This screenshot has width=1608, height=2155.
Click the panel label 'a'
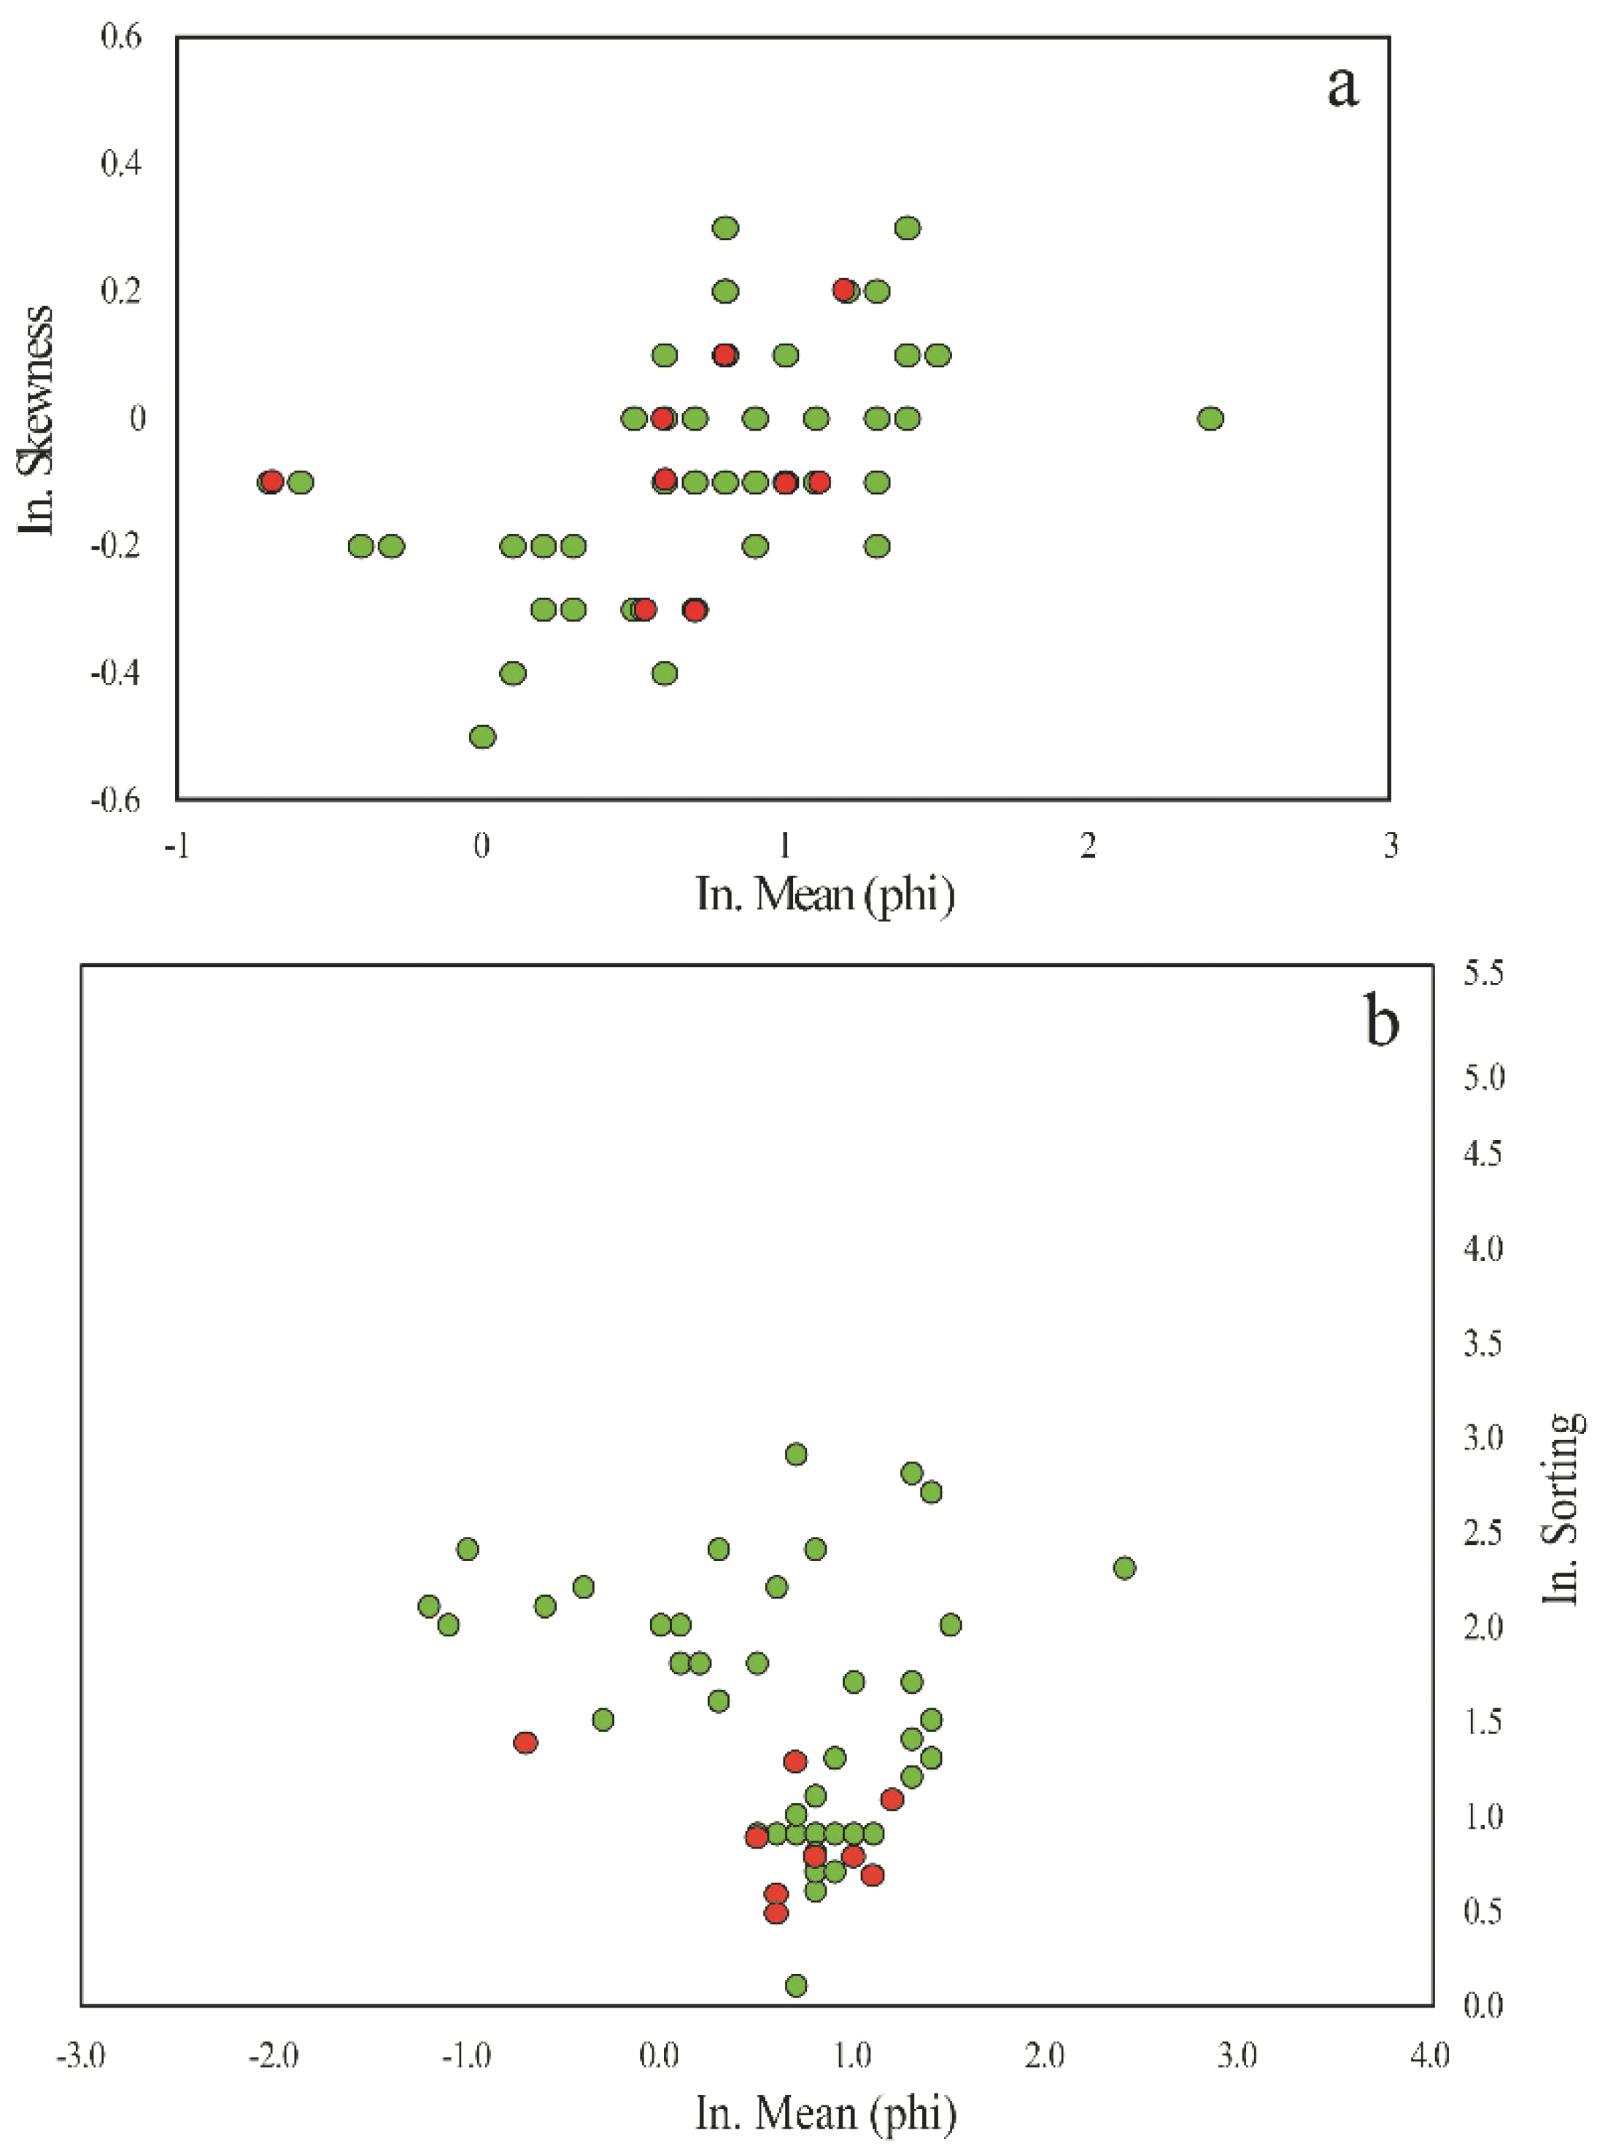tap(1342, 88)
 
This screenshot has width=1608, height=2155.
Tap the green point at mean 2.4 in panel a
tap(1210, 419)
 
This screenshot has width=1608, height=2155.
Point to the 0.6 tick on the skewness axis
tap(122, 37)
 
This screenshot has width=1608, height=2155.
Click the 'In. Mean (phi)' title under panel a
tap(824, 893)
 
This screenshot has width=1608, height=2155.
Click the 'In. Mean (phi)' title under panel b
tap(825, 2112)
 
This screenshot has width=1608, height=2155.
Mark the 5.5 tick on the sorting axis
tap(1483, 972)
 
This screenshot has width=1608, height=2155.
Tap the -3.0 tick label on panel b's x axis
tap(81, 2055)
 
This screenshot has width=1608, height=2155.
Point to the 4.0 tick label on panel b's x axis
tap(1429, 2055)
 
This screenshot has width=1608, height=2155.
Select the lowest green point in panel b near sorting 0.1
tap(796, 1985)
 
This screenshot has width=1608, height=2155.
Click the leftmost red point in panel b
tap(525, 1742)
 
